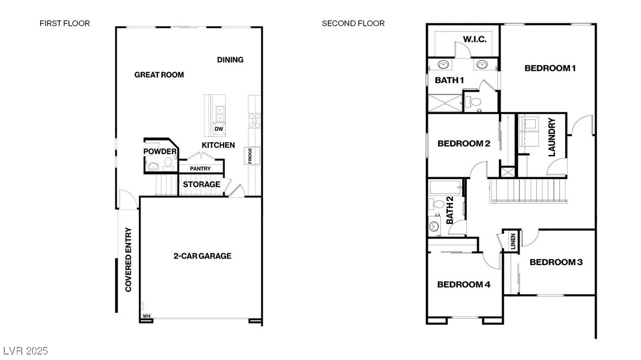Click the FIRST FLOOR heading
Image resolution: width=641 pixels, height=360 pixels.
65,23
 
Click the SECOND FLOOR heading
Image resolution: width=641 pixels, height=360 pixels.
353,23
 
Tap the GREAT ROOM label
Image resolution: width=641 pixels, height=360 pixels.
159,75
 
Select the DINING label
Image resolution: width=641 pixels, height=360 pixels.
230,60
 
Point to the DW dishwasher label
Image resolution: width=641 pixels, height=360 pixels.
219,129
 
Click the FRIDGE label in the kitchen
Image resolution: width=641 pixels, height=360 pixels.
250,156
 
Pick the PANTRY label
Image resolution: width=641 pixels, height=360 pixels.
200,169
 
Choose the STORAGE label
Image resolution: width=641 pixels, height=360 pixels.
201,184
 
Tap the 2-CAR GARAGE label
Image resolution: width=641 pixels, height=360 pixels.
202,256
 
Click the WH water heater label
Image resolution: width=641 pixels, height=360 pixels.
146,316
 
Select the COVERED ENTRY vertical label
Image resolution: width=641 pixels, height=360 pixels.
129,259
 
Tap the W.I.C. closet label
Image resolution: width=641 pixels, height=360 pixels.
475,40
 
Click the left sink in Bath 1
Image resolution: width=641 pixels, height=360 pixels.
444,65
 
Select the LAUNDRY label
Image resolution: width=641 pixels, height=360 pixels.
552,138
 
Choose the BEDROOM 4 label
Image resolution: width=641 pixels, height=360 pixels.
464,284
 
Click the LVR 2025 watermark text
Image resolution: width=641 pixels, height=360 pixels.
24,351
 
